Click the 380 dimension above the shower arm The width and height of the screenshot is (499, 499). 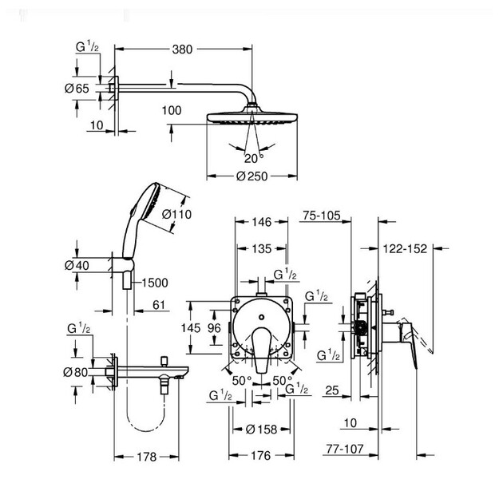click(x=182, y=50)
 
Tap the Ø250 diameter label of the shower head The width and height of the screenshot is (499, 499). click(x=252, y=176)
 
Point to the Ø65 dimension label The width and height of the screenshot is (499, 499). click(x=77, y=88)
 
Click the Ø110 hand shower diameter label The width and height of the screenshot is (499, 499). click(x=176, y=214)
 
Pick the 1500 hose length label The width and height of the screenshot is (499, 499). click(x=155, y=283)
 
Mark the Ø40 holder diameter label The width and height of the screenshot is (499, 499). click(x=77, y=265)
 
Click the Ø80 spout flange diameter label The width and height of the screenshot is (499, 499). click(x=75, y=372)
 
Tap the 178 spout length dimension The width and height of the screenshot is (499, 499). click(x=147, y=457)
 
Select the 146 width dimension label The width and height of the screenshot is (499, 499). click(x=262, y=222)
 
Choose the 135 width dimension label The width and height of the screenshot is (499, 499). click(x=262, y=248)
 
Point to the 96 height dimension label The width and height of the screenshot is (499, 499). click(x=214, y=328)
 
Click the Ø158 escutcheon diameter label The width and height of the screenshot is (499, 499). click(x=262, y=430)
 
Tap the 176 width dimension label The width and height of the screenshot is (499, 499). click(x=261, y=456)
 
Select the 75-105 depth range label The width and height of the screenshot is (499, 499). click(x=322, y=216)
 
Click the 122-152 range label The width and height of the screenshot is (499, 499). click(x=405, y=248)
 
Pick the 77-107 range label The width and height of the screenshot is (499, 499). click(x=345, y=449)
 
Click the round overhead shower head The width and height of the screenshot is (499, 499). click(x=252, y=117)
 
